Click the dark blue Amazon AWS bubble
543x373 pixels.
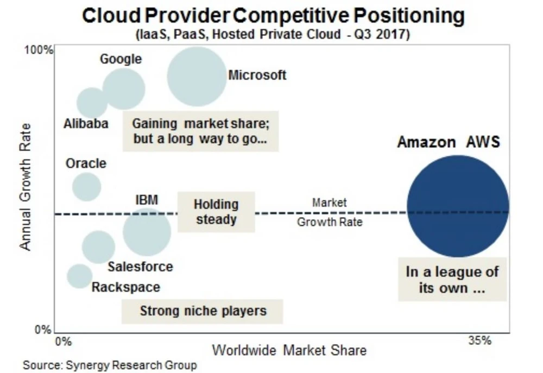(x=458, y=206)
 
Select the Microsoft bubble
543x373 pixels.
(x=197, y=77)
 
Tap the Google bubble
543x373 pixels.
(x=124, y=89)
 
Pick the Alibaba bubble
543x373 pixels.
(x=92, y=103)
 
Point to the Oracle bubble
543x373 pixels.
(x=87, y=186)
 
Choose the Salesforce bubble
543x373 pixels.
(x=98, y=247)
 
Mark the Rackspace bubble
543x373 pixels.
(x=80, y=276)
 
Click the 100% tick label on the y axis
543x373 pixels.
(x=39, y=50)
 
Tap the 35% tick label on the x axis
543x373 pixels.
(x=479, y=341)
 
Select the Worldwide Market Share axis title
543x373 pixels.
(x=289, y=350)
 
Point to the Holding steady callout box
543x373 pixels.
(x=216, y=212)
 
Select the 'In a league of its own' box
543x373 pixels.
(x=452, y=280)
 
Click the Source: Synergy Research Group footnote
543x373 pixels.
(x=110, y=365)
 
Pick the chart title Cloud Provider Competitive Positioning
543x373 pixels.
(x=273, y=16)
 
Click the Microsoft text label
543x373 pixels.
(x=257, y=75)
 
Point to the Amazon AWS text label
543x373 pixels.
(x=449, y=142)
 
